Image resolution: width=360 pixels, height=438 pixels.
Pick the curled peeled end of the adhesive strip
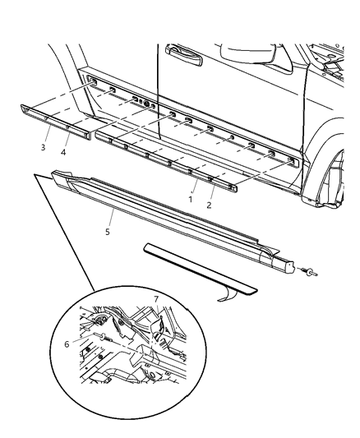pos(235,294)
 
